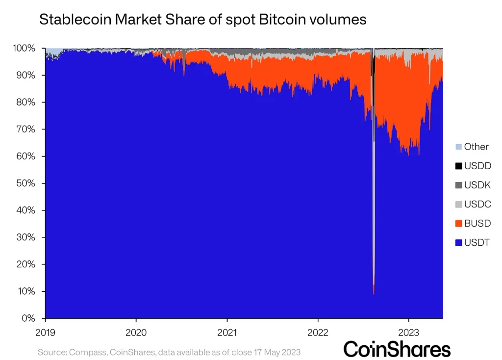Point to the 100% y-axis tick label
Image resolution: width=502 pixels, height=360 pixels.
point(24,48)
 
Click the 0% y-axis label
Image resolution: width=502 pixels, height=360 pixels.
point(28,318)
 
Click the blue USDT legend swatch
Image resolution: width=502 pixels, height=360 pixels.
point(458,242)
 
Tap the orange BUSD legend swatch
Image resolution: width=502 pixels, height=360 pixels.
point(458,223)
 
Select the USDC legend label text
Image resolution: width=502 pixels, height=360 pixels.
point(477,204)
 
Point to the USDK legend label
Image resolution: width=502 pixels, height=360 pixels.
point(477,185)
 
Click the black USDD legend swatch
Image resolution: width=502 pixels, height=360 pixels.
point(458,166)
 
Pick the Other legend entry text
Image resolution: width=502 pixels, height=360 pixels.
point(476,147)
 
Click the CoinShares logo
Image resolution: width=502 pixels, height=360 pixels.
point(397,349)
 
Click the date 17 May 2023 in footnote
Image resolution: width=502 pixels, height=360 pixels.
point(276,352)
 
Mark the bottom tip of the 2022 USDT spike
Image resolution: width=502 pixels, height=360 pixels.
point(374,294)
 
